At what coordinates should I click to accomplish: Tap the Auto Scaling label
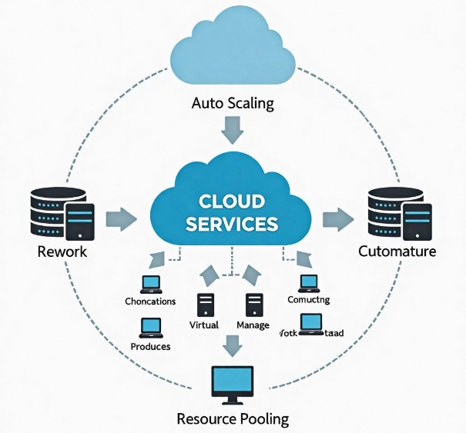tap(233, 103)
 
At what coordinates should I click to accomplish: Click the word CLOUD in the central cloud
tap(232, 202)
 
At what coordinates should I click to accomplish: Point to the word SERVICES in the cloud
tap(232, 224)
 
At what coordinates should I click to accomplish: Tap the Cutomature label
tap(397, 251)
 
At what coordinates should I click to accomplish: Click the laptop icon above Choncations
tap(149, 284)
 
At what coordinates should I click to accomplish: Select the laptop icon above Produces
tap(150, 328)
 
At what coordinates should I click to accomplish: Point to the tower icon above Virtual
tap(205, 305)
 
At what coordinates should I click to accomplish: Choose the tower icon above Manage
tap(254, 305)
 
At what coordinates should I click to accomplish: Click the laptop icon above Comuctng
tap(308, 283)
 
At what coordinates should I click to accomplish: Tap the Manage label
tap(253, 325)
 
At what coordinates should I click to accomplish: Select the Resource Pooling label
tap(232, 419)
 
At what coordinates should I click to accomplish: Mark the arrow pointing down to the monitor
tap(232, 345)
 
